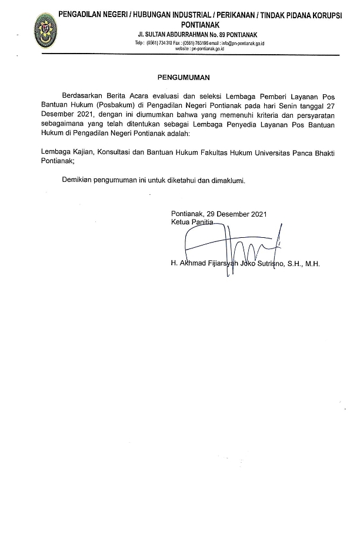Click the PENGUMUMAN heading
(183, 77)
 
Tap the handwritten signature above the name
(229, 241)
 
